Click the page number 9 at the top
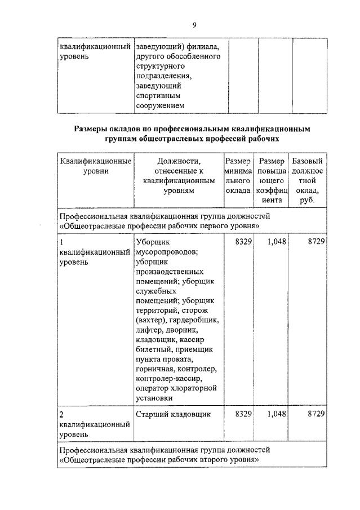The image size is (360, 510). point(194,24)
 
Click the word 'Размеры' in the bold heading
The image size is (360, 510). point(92,129)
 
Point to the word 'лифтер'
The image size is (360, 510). point(149,330)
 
